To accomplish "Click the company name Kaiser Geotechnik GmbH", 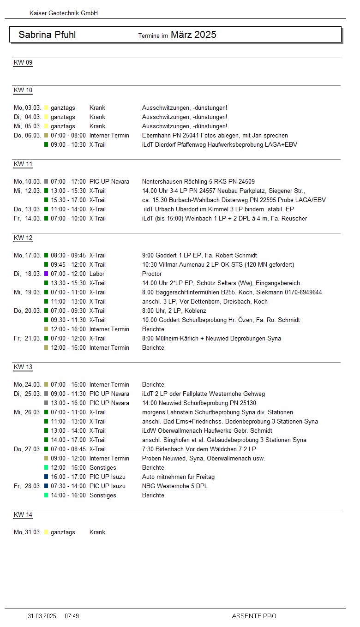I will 64,13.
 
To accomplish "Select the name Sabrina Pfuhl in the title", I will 47,35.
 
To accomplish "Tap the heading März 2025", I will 193,35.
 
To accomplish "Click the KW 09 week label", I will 23,63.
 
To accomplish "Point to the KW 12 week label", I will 23,238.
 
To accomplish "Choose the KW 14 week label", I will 23,515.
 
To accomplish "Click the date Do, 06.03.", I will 27,136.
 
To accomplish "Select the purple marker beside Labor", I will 46,274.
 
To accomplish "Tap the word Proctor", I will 152,274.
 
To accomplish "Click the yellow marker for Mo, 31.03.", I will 46,532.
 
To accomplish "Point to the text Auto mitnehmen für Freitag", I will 178,477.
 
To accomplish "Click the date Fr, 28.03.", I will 27,486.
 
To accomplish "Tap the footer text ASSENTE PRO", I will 254,616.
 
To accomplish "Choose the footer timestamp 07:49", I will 72,616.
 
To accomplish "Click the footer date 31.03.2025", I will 42,616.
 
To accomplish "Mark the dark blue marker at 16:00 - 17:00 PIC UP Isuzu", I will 46,477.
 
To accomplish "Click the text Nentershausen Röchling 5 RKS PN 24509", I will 198,182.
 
